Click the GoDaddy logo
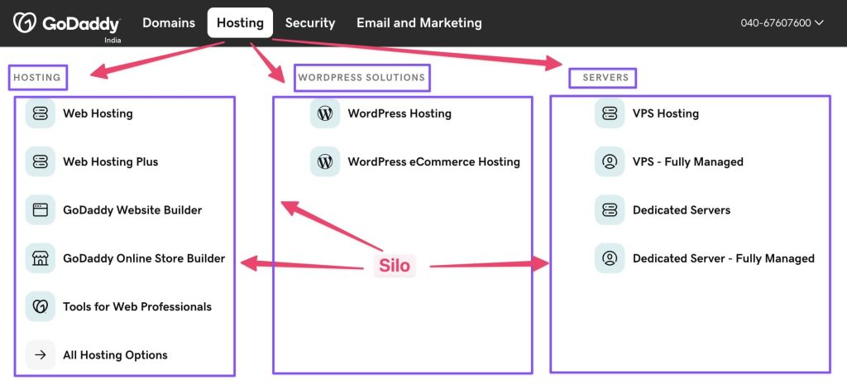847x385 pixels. [66, 24]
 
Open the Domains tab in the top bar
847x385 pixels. [169, 22]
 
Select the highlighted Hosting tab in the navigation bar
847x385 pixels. [240, 22]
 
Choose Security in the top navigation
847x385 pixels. [310, 22]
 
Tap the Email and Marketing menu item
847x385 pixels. [419, 22]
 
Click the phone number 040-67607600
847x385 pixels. [776, 22]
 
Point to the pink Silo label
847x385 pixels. [395, 266]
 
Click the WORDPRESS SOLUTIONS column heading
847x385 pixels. [361, 77]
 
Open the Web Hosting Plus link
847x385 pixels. [111, 161]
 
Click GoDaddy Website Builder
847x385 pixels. [132, 209]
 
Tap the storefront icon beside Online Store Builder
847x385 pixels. [41, 258]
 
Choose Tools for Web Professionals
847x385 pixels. [137, 306]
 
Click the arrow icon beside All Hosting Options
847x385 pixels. [41, 354]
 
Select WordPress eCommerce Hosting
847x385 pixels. [433, 161]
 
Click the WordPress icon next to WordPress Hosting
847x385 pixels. [325, 113]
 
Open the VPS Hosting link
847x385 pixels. [666, 113]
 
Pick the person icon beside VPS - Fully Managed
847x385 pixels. [610, 161]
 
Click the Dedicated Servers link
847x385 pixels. [682, 209]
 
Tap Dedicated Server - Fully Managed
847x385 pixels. [723, 258]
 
